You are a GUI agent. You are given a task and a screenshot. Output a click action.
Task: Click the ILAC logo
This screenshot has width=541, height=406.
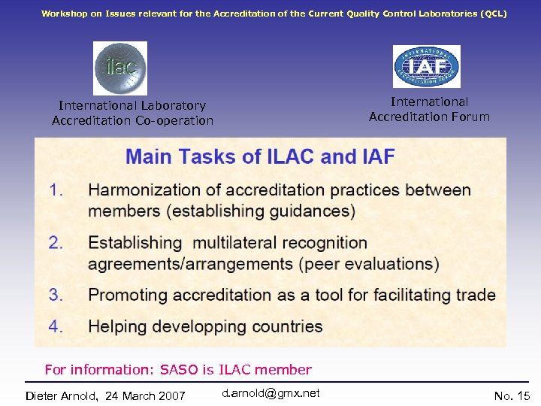(x=120, y=68)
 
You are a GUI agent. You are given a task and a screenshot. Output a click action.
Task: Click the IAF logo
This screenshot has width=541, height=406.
(x=426, y=66)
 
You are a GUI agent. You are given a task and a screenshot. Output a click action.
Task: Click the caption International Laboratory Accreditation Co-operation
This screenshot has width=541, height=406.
(x=132, y=113)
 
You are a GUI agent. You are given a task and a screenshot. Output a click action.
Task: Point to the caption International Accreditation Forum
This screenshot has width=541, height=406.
(x=429, y=109)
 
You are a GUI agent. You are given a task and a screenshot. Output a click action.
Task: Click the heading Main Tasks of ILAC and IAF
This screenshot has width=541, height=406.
(x=260, y=157)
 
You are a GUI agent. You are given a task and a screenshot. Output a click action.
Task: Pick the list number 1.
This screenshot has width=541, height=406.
(x=56, y=190)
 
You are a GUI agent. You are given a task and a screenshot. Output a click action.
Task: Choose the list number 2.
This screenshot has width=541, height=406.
(x=56, y=243)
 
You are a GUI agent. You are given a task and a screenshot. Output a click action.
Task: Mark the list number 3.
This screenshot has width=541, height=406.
(x=56, y=294)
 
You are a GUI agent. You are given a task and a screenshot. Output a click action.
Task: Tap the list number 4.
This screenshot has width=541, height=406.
(x=56, y=326)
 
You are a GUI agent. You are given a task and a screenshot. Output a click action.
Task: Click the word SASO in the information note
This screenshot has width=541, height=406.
(x=180, y=369)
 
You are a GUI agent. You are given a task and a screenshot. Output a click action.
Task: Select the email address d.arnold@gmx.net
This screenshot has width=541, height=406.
(x=271, y=393)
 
